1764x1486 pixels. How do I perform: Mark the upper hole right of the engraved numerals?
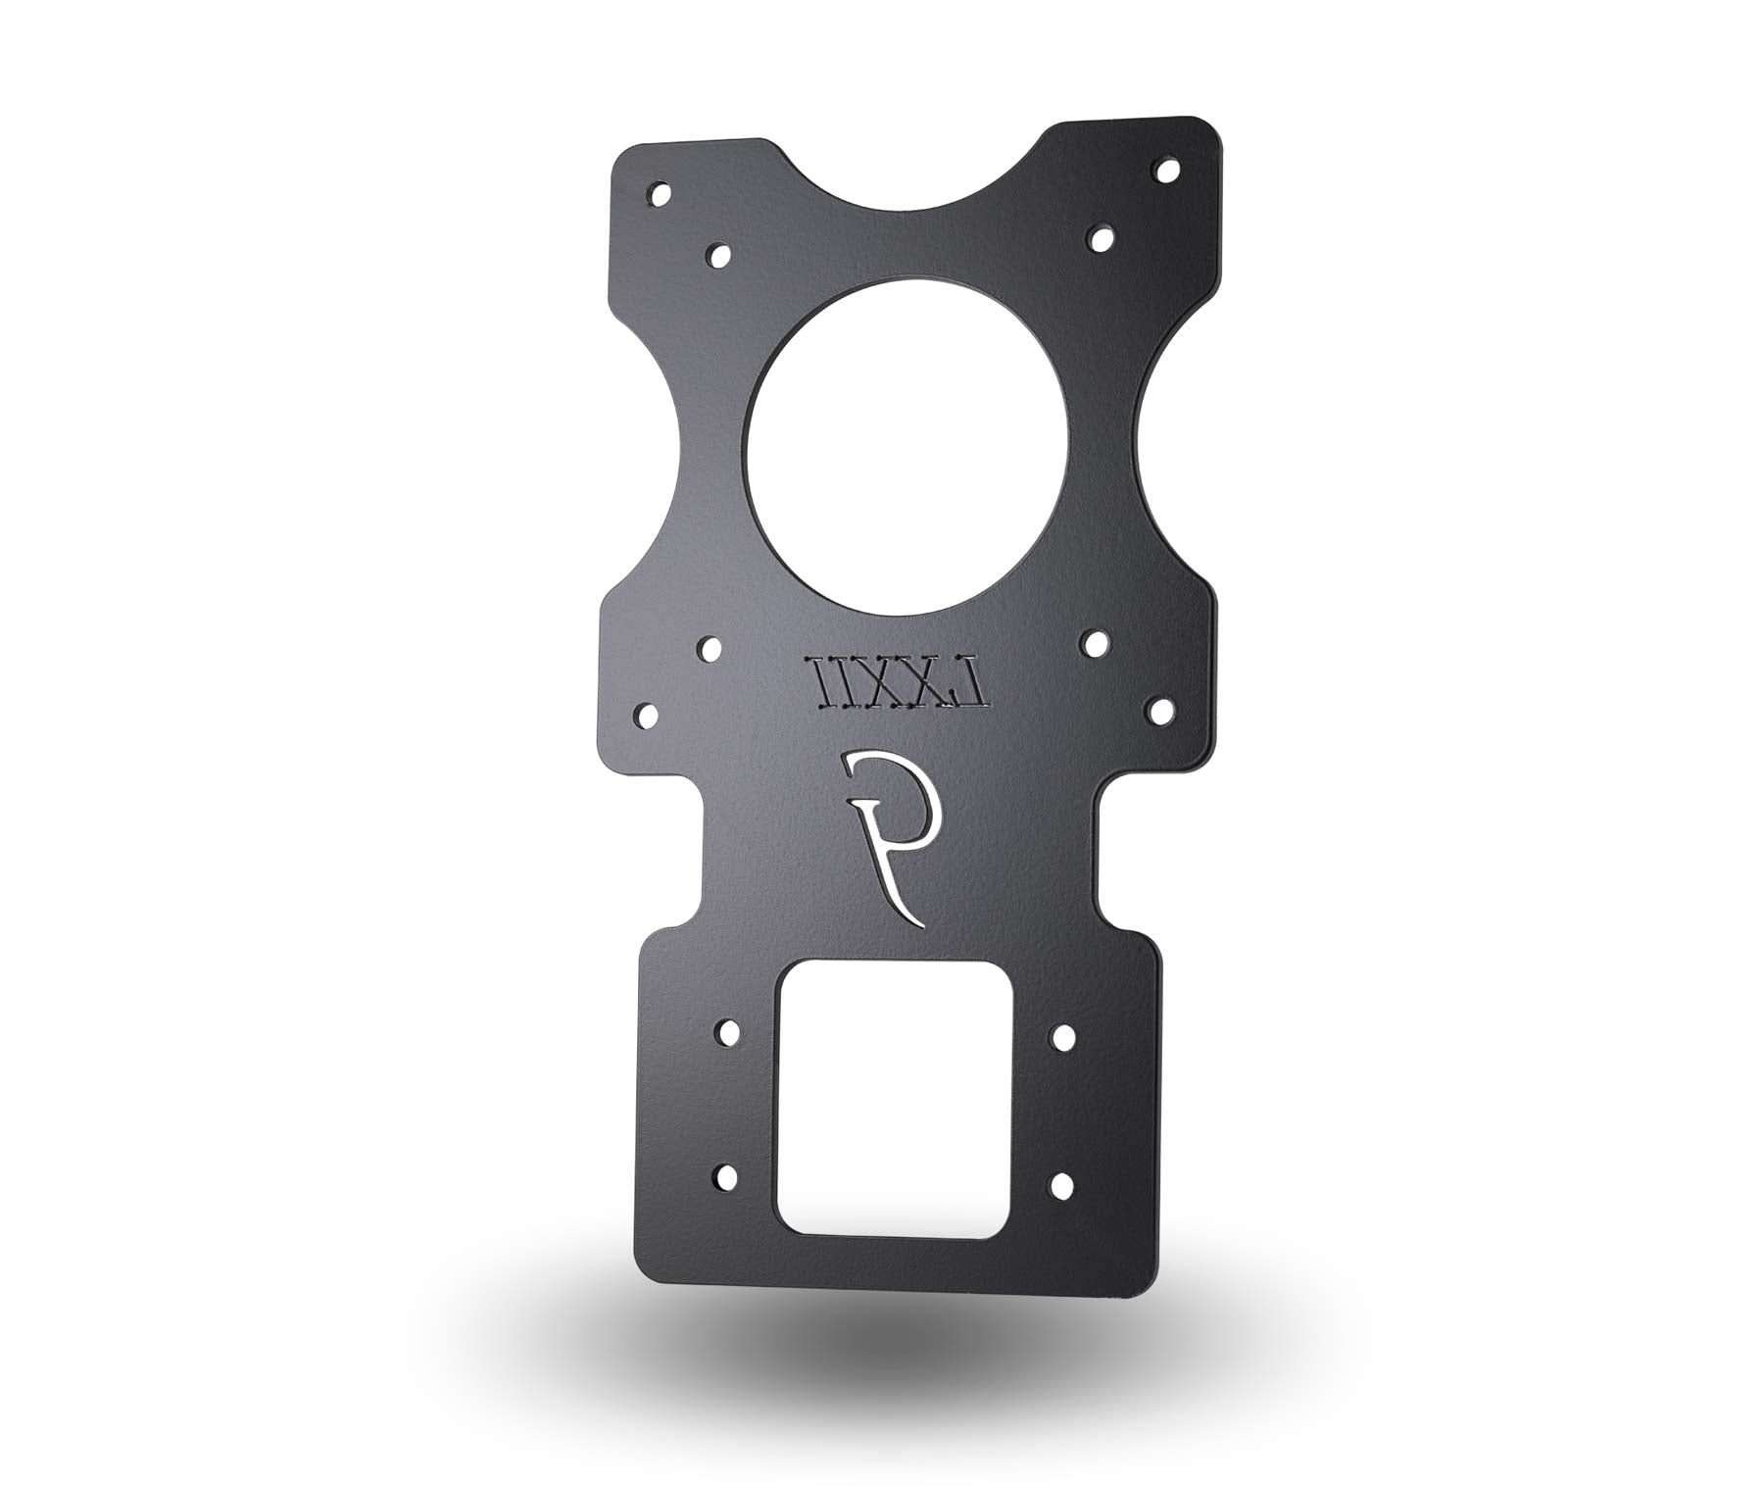click(x=1096, y=641)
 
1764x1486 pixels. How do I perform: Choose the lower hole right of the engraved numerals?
click(x=1158, y=707)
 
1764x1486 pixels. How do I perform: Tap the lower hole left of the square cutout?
click(x=728, y=1176)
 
